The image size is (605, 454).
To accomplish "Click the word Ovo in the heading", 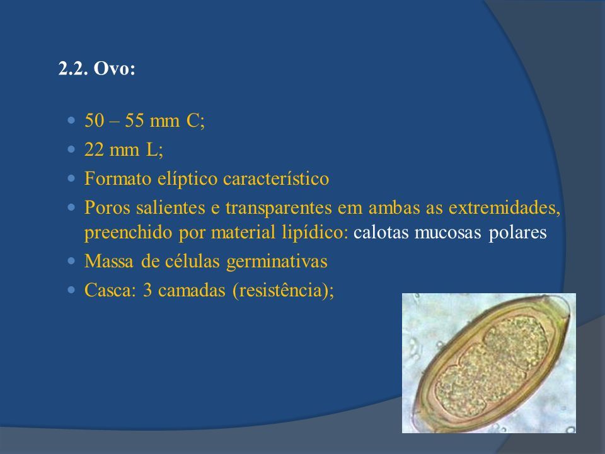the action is pyautogui.click(x=114, y=69).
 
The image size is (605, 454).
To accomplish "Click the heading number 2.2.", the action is pyautogui.click(x=73, y=69).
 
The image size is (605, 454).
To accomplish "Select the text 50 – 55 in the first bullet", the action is pyautogui.click(x=114, y=120).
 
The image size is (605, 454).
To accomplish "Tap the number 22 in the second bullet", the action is pyautogui.click(x=94, y=149).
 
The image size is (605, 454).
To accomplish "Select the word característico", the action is pyautogui.click(x=276, y=178).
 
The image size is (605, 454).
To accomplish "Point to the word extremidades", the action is pyautogui.click(x=504, y=207).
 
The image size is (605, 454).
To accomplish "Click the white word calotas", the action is pyautogui.click(x=381, y=233).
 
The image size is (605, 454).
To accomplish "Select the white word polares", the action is pyautogui.click(x=517, y=233).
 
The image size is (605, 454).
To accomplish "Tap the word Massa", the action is pyautogui.click(x=109, y=261).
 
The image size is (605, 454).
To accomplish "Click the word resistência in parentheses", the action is pyautogui.click(x=280, y=290).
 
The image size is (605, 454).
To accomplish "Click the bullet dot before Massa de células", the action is pyautogui.click(x=71, y=261).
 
